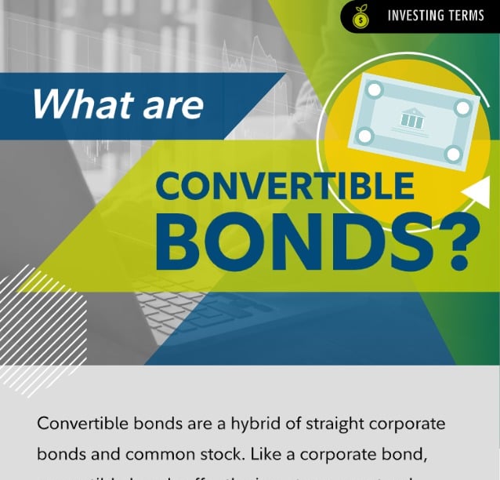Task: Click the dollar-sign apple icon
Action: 362,15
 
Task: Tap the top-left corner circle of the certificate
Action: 374,91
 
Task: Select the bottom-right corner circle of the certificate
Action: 452,154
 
